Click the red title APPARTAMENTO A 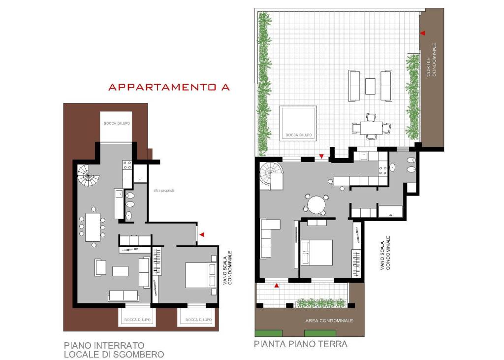click(x=169, y=87)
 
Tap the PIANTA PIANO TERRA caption click(x=301, y=344)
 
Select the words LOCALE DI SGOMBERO click(x=114, y=355)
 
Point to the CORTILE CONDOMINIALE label click(x=431, y=60)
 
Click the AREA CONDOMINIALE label click(x=329, y=321)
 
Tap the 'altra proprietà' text click(x=164, y=191)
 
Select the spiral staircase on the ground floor click(x=272, y=176)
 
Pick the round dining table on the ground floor click(x=316, y=205)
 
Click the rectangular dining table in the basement click(x=93, y=227)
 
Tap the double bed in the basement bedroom click(x=200, y=275)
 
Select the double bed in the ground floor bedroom click(x=316, y=253)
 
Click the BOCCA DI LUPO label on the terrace click(x=299, y=135)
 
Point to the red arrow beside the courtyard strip click(x=423, y=33)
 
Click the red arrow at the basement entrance click(x=202, y=235)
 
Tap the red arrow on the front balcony click(x=277, y=285)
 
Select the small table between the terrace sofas click(x=370, y=86)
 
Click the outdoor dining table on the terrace click(x=371, y=128)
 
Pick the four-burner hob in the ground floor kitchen click(x=383, y=170)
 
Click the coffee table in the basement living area click(x=120, y=271)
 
